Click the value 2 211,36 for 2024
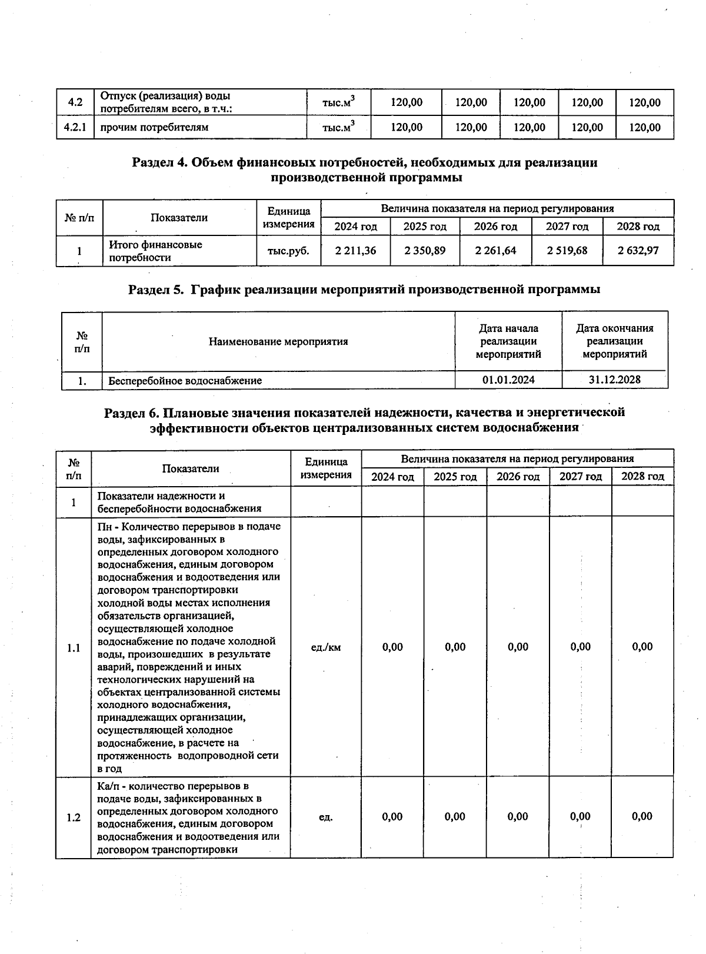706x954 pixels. (x=355, y=251)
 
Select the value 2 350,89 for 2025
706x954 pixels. (x=425, y=251)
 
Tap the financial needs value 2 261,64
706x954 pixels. (x=495, y=251)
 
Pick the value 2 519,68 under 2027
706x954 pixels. (x=567, y=251)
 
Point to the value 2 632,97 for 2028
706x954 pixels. (x=638, y=251)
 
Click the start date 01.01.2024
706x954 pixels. (x=508, y=380)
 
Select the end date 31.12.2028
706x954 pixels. (x=614, y=380)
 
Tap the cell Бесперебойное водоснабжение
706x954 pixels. (x=185, y=381)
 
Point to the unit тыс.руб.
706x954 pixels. (x=288, y=251)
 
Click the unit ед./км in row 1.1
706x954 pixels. (x=325, y=647)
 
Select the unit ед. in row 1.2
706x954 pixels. (x=325, y=817)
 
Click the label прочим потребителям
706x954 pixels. (x=154, y=127)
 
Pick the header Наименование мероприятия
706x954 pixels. (x=278, y=341)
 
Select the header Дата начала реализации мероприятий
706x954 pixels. (x=508, y=341)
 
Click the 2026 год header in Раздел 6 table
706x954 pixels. (x=518, y=477)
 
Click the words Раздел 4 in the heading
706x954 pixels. (x=158, y=163)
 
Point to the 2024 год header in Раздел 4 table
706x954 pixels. (x=355, y=227)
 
